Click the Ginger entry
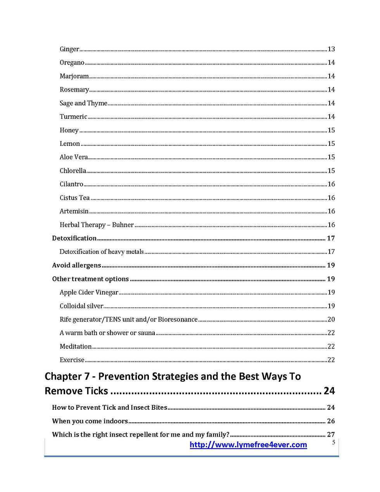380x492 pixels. [69, 49]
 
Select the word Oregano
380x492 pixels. [72, 63]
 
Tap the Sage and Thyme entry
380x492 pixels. [83, 103]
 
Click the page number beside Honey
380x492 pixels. [331, 130]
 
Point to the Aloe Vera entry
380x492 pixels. [74, 157]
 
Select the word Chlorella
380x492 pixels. [73, 171]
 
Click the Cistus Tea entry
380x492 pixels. [74, 198]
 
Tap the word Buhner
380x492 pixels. [123, 225]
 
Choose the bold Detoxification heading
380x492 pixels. [74, 238]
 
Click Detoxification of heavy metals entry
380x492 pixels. [102, 252]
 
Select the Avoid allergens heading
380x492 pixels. [76, 265]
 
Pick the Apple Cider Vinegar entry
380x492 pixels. [89, 293]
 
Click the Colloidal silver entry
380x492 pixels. [81, 306]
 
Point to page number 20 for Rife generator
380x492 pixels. [331, 319]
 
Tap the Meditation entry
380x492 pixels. [76, 346]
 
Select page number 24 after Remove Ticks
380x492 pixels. [329, 391]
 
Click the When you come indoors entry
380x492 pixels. [90, 421]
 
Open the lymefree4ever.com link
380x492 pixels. [248, 445]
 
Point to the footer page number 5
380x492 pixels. [333, 442]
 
